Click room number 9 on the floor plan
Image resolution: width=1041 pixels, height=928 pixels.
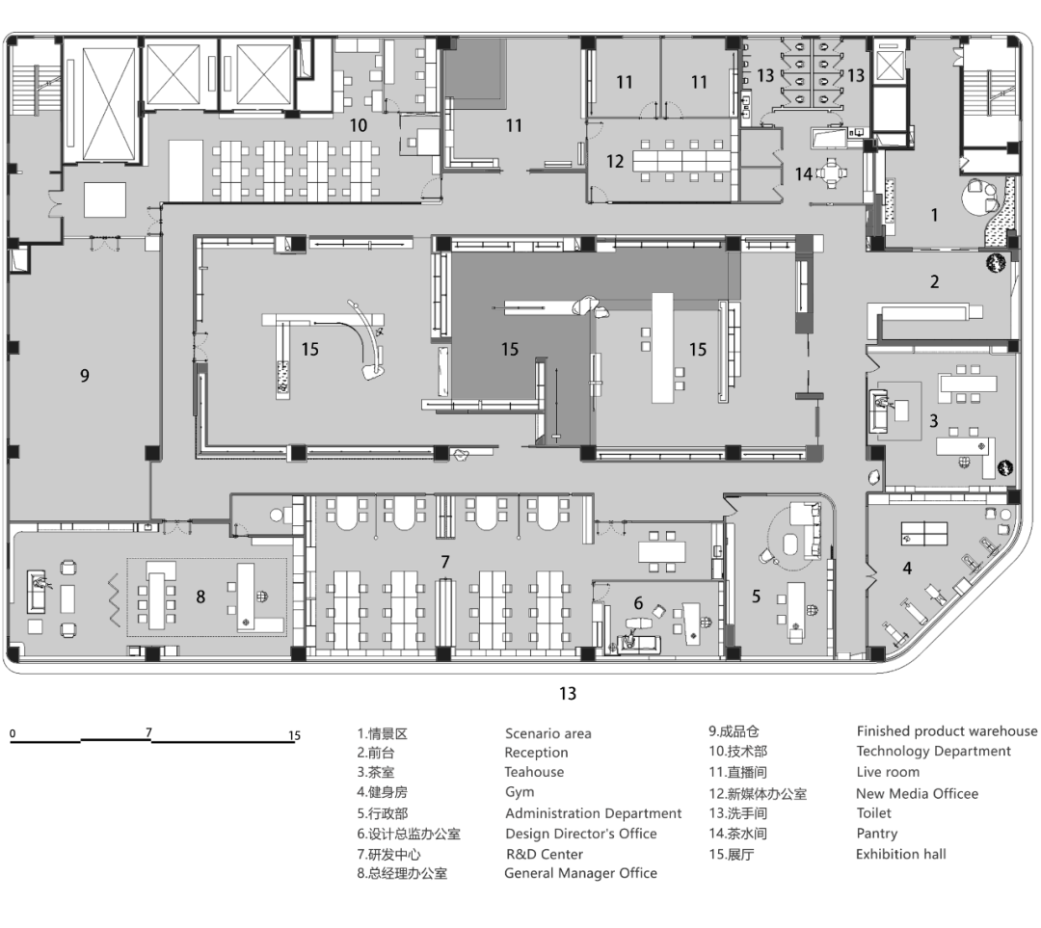(85, 376)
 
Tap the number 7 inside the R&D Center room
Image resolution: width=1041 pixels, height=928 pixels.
(444, 561)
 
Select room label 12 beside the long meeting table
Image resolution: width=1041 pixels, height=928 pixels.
(615, 161)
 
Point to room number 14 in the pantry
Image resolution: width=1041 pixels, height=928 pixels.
(803, 174)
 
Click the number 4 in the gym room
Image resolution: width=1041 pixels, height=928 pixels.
(906, 569)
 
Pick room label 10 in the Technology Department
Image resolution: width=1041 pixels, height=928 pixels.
(358, 125)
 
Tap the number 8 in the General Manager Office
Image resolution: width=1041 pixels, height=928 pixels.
(200, 597)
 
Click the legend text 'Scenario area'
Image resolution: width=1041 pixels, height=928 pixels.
(547, 733)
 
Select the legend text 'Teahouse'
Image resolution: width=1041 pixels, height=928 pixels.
(534, 772)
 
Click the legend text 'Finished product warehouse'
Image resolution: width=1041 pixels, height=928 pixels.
(947, 731)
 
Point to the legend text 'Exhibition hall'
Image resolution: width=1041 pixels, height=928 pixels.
(900, 854)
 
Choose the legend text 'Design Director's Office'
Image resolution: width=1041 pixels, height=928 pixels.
(580, 834)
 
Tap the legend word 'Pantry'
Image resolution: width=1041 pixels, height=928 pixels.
(876, 834)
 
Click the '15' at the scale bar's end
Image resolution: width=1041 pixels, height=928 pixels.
(294, 736)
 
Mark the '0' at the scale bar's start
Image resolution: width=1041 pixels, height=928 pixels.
(13, 734)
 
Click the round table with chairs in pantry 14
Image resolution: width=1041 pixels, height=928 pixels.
(831, 173)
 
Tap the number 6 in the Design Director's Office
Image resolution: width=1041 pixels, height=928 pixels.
(638, 602)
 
